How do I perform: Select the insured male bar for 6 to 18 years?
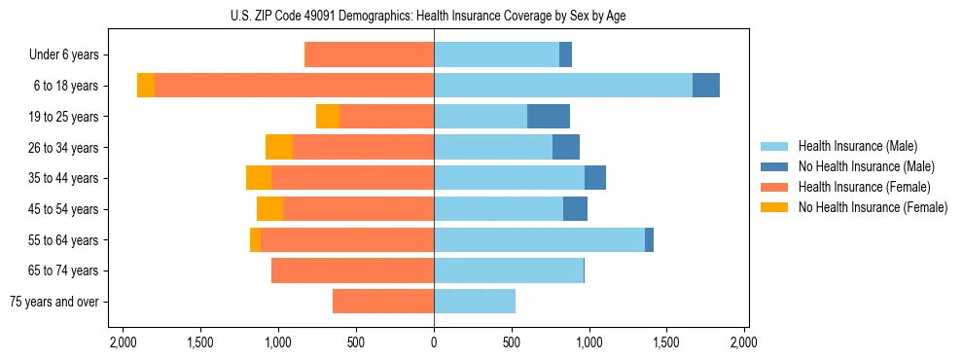coord(563,86)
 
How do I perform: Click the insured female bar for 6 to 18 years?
coord(294,86)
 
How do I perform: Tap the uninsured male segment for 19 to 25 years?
coord(549,117)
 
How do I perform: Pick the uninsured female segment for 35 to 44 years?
coord(259,178)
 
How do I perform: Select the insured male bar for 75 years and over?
coord(475,302)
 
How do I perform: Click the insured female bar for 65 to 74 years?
coord(352,270)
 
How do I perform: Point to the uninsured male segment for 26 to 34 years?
coord(566,147)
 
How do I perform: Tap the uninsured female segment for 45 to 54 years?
coord(269,209)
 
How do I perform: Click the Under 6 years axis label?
coord(69,55)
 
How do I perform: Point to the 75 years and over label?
coord(54,302)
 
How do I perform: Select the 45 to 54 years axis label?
coord(64,209)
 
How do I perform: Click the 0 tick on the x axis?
coord(434,342)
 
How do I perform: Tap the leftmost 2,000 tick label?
coord(123,342)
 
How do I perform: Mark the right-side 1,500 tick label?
coord(666,342)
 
